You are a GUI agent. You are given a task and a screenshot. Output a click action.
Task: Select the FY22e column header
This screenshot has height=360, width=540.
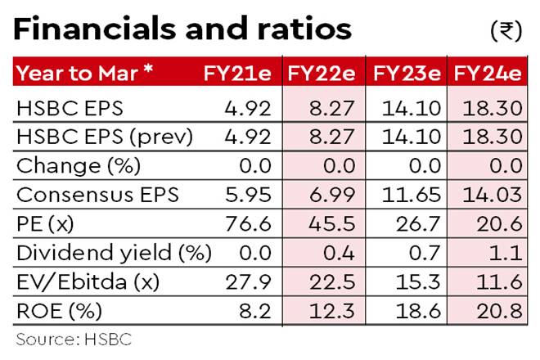(320, 74)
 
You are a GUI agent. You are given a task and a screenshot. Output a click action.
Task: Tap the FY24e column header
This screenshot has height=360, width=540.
(488, 74)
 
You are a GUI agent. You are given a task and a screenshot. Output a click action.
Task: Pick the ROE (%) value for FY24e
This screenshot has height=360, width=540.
(497, 312)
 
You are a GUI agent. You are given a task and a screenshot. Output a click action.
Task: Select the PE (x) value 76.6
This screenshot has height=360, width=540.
(251, 224)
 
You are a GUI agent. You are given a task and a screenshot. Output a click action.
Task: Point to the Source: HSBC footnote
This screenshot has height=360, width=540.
(73, 338)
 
